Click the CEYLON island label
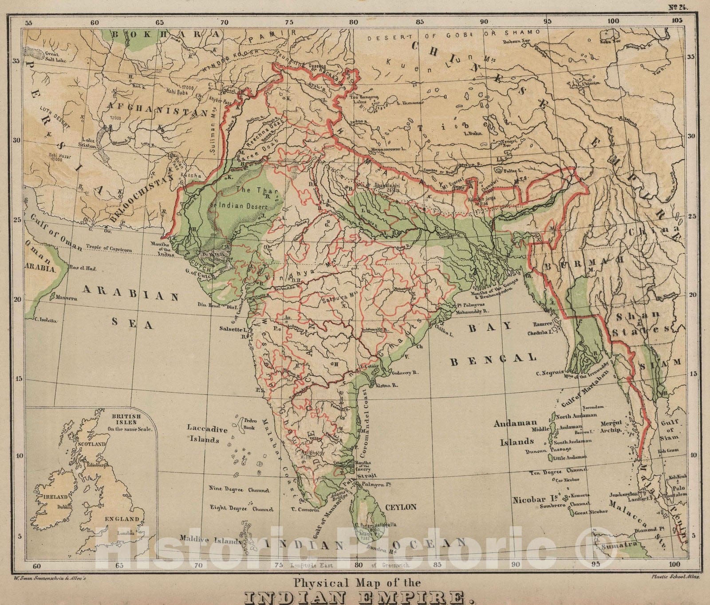click(400, 506)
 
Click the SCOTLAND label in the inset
click(91, 444)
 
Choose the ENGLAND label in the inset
click(122, 518)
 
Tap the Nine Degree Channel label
click(239, 490)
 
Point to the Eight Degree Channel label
click(241, 509)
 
